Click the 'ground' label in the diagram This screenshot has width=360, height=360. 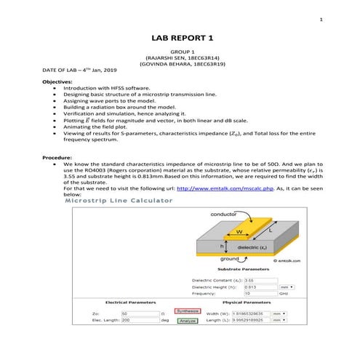pyautogui.click(x=230, y=257)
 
